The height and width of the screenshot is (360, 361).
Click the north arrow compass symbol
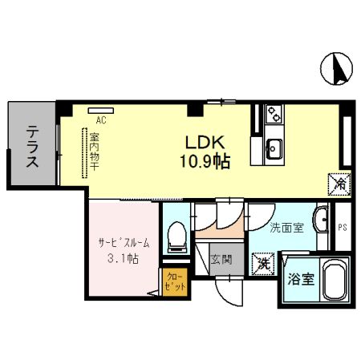(336, 69)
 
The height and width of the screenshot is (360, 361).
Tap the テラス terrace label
(32, 148)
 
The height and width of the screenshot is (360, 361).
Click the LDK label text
(205, 143)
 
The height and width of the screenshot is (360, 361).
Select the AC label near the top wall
(100, 120)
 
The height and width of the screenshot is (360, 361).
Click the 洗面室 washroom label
(286, 228)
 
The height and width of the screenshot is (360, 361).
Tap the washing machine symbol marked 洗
(262, 261)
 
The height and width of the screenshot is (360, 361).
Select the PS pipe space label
(341, 228)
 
